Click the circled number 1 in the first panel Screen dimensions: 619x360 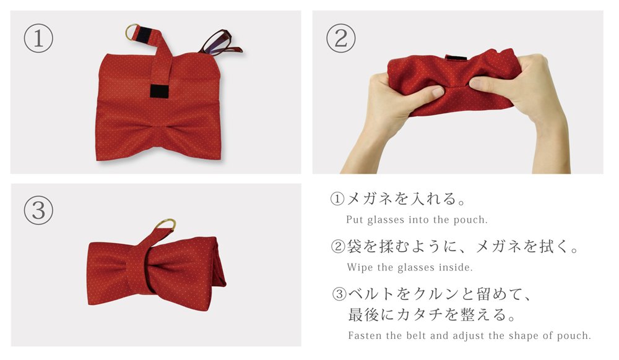pos(38,38)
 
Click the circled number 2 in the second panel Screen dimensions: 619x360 pos(340,38)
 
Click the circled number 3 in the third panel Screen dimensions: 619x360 pos(38,210)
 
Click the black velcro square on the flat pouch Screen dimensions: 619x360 pos(160,91)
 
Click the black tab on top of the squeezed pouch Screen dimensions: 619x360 pos(456,58)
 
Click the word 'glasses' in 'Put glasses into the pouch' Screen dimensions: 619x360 pos(386,220)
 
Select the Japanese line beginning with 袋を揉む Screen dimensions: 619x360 pos(462,246)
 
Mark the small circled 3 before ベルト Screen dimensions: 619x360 pos(339,294)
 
